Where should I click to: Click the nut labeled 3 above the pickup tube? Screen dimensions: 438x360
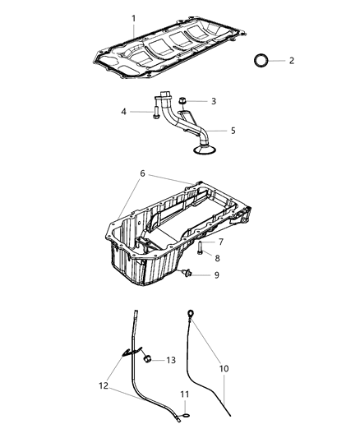point(181,101)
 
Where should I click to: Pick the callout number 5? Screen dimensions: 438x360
point(232,131)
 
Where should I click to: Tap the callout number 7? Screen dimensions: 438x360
point(219,242)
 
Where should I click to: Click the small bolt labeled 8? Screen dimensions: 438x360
point(200,249)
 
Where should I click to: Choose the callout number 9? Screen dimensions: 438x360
point(216,274)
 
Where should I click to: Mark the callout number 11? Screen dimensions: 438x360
point(185,395)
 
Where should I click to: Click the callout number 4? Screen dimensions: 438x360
point(126,112)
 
